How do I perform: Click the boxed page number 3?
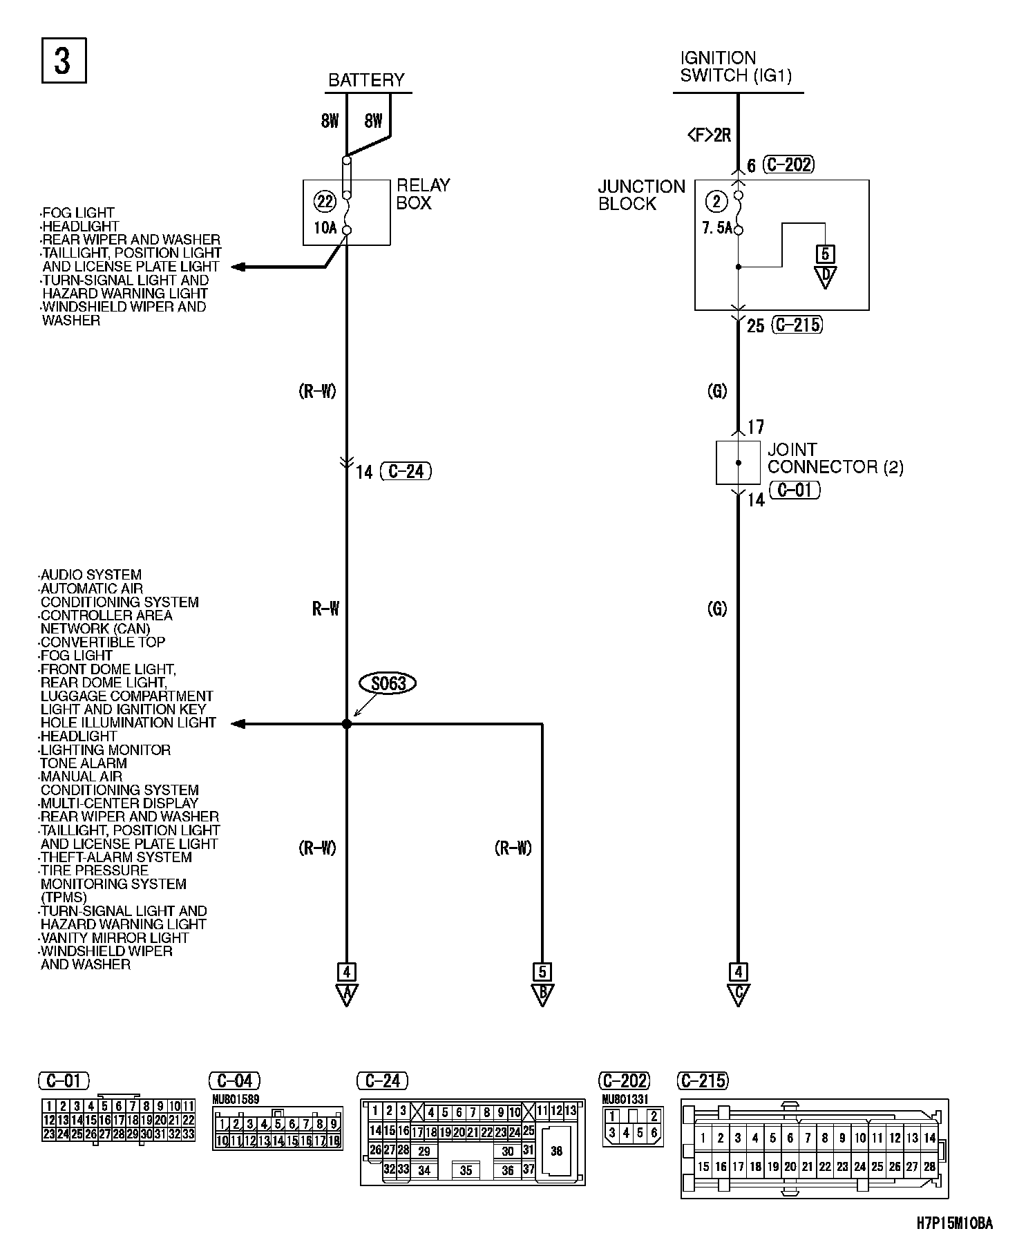pos(64,61)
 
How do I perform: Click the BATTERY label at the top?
pos(366,80)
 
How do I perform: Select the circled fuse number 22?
pos(324,202)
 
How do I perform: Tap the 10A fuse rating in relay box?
pos(324,227)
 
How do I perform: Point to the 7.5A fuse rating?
pos(716,227)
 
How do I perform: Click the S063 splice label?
pos(388,683)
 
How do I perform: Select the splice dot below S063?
pos(347,724)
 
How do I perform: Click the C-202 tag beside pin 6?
pos(790,164)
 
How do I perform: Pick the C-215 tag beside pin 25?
pos(797,325)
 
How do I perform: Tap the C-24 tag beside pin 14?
pos(406,471)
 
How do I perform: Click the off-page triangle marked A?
pos(346,994)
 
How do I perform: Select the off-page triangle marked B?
pos(542,994)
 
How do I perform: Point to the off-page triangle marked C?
pos(738,994)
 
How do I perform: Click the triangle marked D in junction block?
pos(825,276)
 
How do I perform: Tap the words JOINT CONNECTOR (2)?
pos(835,458)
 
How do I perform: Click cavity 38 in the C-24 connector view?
pos(557,1151)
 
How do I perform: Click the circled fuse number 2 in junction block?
pos(716,202)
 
